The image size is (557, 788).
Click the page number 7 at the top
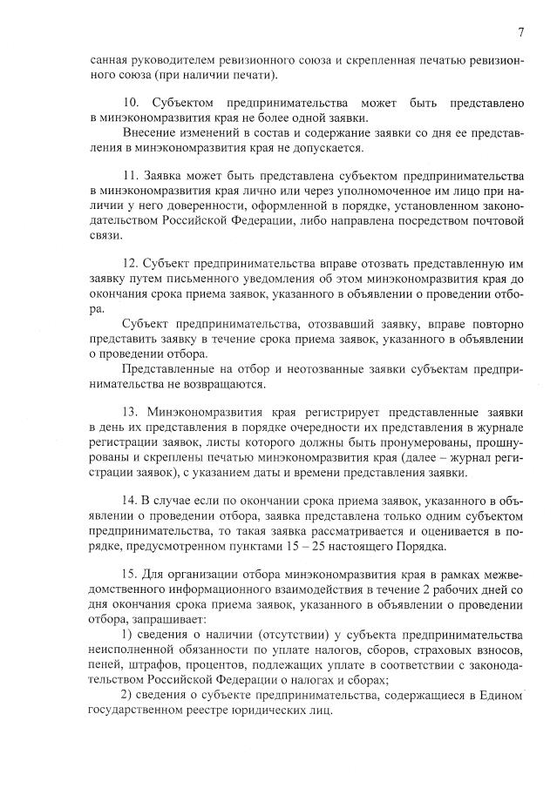[520, 33]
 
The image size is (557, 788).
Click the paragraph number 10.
[132, 103]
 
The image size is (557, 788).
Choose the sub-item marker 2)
[125, 692]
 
